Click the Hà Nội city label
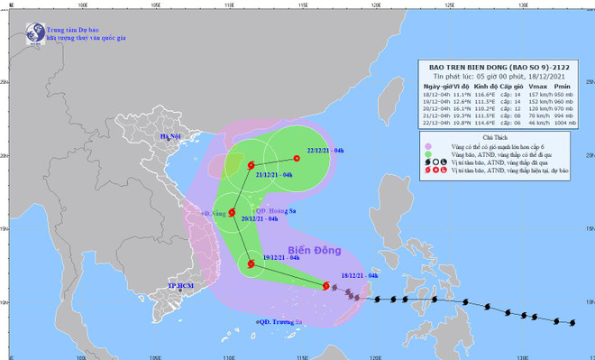point(172,137)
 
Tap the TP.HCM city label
point(181,286)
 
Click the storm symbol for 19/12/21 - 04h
point(249,263)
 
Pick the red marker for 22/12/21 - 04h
point(297,159)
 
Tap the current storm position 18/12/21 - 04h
point(326,286)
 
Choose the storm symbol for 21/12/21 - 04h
point(251,165)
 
